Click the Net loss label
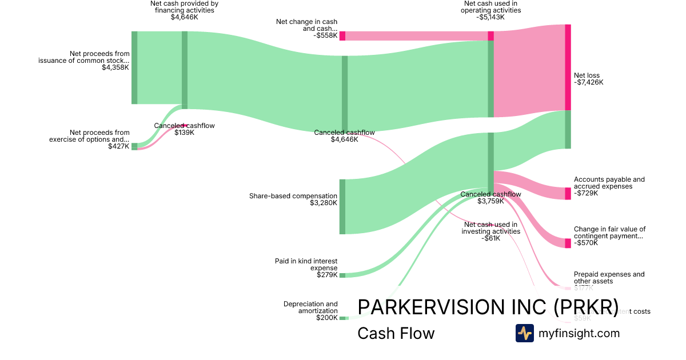587,75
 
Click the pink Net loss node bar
568,67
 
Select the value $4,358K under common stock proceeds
115,67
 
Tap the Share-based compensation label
293,196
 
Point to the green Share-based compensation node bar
342,206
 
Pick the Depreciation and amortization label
310,307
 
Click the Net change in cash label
307,25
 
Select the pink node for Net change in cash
342,36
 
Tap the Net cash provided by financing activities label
184,7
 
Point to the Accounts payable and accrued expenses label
609,183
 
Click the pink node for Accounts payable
568,194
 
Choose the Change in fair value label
609,232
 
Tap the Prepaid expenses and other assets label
609,277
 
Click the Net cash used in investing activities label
490,228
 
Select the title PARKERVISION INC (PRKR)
488,307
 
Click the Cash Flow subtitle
396,333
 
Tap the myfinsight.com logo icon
524,333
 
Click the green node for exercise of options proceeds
134,146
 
